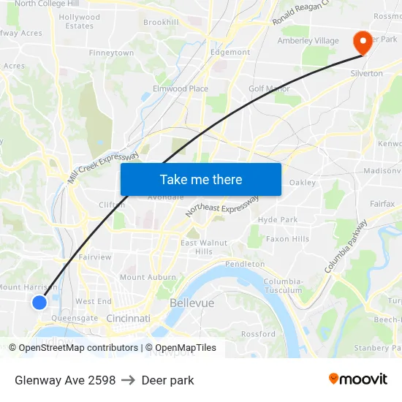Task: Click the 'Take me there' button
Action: pos(201,179)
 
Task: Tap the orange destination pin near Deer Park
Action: pos(362,42)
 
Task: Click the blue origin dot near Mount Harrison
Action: pos(39,302)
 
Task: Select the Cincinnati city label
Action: pos(128,319)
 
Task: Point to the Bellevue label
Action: pos(191,303)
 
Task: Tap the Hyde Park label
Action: pos(278,219)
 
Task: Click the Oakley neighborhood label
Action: pos(302,183)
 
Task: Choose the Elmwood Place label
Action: pos(180,89)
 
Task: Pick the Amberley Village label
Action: pos(308,41)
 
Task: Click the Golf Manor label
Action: pos(269,89)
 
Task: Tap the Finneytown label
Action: pos(111,53)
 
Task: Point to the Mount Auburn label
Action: pos(148,278)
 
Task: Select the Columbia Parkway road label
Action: pos(346,246)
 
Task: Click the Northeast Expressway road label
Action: pos(222,207)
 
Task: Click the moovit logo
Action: pos(358,379)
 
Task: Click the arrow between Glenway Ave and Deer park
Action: pos(129,380)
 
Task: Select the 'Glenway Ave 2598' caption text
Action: pos(65,380)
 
